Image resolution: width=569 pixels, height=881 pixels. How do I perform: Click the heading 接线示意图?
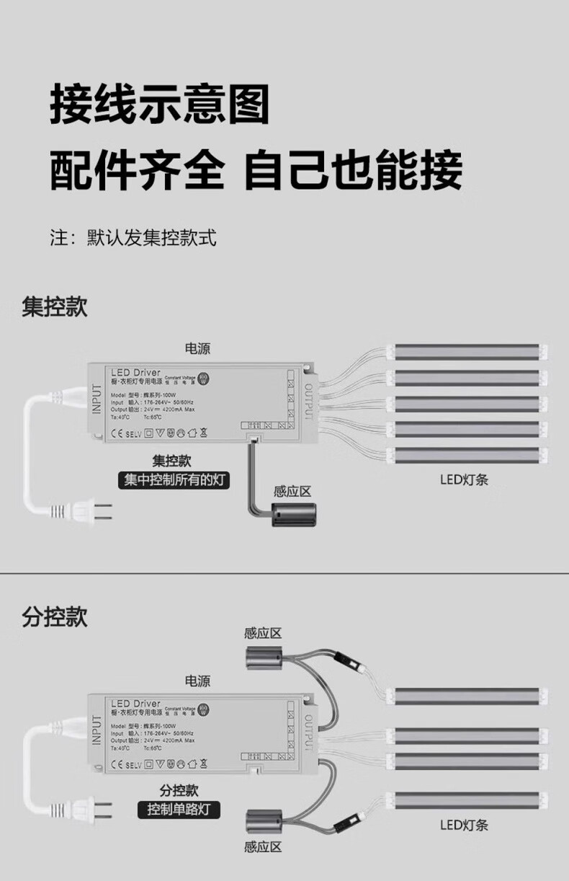click(x=159, y=104)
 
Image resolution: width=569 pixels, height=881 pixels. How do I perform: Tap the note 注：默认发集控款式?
click(x=133, y=238)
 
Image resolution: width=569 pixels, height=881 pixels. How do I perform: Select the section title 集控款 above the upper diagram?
click(x=55, y=306)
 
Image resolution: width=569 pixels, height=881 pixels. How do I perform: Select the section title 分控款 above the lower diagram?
click(x=55, y=617)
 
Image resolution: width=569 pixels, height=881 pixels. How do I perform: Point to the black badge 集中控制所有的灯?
click(x=174, y=480)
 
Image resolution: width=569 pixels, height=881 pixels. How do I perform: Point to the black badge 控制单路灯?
click(x=179, y=809)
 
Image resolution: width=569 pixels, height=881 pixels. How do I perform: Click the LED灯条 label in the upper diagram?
click(x=465, y=479)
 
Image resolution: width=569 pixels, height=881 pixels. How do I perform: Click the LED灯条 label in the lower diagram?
click(x=465, y=825)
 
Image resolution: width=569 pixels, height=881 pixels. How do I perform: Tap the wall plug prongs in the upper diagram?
click(x=105, y=512)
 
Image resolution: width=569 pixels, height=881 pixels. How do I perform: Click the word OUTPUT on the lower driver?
click(x=308, y=736)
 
